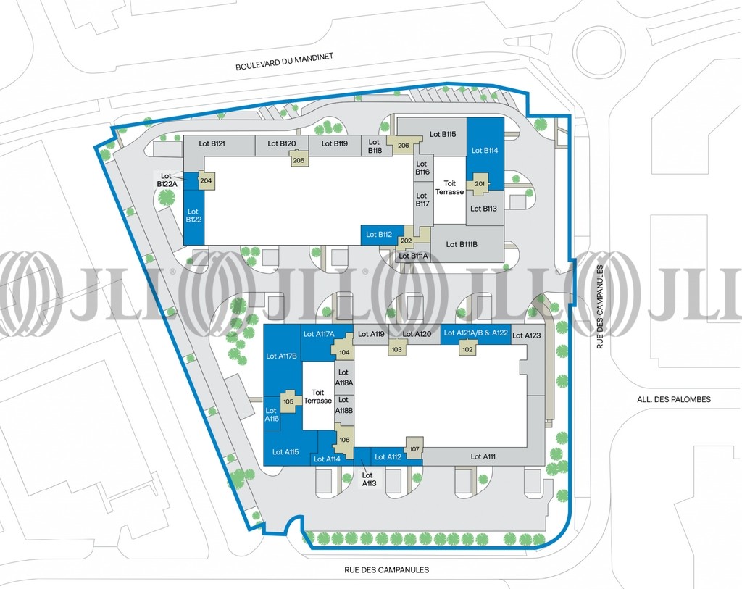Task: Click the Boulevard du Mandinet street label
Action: click(284, 62)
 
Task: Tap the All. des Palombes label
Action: click(674, 399)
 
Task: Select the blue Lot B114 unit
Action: click(485, 151)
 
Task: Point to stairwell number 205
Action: click(298, 160)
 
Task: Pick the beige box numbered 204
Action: click(206, 180)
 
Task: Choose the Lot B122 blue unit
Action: click(193, 216)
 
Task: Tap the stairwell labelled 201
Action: click(480, 184)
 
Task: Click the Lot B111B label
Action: click(462, 244)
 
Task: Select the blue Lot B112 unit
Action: click(381, 235)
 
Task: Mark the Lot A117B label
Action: click(281, 356)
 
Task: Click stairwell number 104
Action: click(344, 352)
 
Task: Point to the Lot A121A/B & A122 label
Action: click(475, 333)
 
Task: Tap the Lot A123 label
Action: click(526, 335)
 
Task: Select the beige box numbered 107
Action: click(414, 449)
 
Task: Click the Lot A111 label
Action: click(483, 456)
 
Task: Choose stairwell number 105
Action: click(288, 401)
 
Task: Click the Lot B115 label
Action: click(443, 134)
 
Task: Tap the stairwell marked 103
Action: click(396, 349)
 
